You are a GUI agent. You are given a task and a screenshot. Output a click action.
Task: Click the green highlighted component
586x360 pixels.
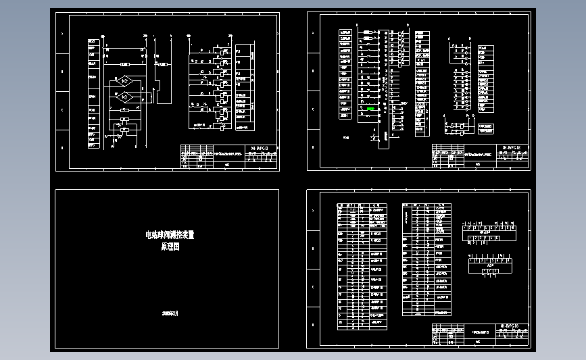pos(370,108)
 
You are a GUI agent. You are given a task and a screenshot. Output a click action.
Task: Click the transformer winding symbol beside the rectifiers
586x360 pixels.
pos(151,97)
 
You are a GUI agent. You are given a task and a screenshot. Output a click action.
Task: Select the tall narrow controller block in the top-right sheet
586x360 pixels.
pos(385,84)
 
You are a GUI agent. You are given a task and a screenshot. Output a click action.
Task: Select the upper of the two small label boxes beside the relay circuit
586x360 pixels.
pos(485,126)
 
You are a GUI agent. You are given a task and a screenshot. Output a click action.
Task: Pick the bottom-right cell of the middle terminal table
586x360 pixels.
pos(442,313)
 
